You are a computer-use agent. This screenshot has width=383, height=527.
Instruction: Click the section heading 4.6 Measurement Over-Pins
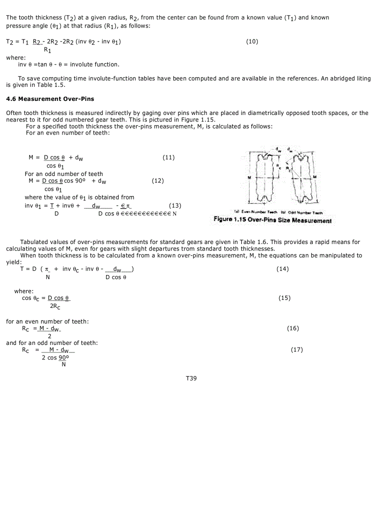coord(50,99)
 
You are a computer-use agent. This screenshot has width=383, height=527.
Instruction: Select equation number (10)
coord(252,41)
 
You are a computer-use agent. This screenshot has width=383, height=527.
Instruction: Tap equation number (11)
coord(169,157)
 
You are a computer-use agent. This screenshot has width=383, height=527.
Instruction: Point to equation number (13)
coord(175,205)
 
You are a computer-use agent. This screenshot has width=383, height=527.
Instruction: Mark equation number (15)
coord(284,298)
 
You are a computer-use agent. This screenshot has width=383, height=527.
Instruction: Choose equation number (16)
coord(293,328)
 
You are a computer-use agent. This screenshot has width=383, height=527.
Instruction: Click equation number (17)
coord(297,350)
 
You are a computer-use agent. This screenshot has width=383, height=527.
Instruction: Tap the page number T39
coord(191,378)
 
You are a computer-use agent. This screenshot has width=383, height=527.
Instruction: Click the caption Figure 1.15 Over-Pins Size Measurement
coord(272,220)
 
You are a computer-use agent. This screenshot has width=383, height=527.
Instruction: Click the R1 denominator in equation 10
coord(47,49)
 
